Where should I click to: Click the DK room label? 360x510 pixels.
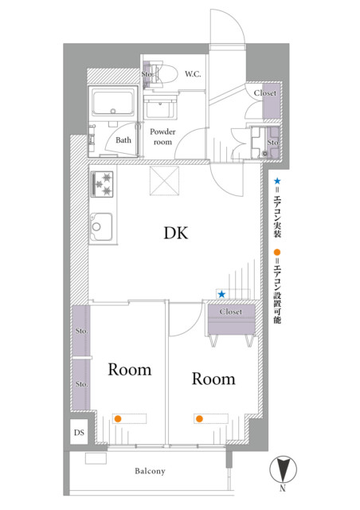click(x=175, y=233)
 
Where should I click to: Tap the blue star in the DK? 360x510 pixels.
click(x=221, y=294)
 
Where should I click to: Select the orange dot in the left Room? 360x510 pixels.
click(x=118, y=419)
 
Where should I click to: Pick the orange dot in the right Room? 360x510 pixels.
click(x=199, y=418)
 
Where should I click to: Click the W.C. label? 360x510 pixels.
click(x=193, y=74)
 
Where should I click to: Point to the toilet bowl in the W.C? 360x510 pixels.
click(x=166, y=74)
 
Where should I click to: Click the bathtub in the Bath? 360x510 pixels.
click(x=112, y=102)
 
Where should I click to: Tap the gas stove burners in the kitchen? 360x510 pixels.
click(x=102, y=184)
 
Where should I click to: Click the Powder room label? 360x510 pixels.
click(x=162, y=137)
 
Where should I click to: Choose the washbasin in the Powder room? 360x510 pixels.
click(x=161, y=106)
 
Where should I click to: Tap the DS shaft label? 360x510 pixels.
click(x=79, y=433)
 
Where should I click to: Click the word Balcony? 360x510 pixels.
click(x=150, y=471)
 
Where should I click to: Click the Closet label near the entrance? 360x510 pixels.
click(x=265, y=93)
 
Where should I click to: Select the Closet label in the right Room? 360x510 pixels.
click(x=230, y=312)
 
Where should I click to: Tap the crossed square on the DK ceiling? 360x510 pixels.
click(x=164, y=181)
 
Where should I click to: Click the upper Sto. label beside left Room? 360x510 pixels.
click(x=81, y=331)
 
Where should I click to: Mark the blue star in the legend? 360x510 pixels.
click(x=277, y=181)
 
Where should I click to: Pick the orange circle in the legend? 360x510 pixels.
click(x=277, y=253)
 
